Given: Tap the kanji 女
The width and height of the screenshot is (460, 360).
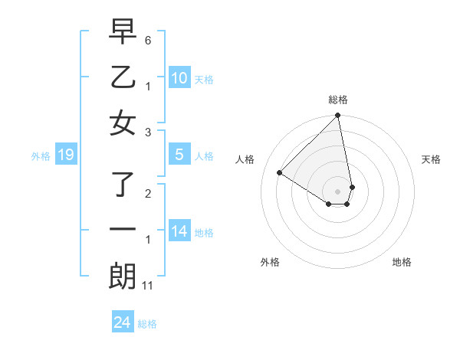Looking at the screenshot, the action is click(123, 123).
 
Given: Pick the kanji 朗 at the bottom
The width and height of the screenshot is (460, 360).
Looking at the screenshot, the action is click(123, 277).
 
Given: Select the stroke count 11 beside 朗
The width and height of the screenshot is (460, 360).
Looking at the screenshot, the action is click(149, 286).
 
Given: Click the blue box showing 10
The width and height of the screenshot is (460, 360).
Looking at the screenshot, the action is click(179, 78).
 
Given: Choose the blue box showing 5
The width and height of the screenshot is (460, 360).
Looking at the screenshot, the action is click(179, 155).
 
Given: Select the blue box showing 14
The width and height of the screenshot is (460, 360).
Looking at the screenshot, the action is click(179, 231).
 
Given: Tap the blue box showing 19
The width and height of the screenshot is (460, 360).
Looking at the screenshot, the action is click(66, 155).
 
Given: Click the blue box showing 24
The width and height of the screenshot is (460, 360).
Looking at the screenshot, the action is click(122, 322).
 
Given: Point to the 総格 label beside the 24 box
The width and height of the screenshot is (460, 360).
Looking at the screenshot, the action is click(147, 324).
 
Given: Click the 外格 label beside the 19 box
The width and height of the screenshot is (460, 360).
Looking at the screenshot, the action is click(41, 156).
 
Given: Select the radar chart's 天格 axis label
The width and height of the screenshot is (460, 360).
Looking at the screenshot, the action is click(431, 159).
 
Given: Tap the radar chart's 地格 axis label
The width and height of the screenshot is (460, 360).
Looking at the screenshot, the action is click(402, 262).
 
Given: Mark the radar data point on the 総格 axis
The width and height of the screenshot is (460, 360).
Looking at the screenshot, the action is click(338, 116).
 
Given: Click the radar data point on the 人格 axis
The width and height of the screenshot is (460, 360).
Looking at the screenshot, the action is click(280, 173).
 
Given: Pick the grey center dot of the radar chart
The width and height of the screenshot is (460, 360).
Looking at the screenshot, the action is click(338, 191).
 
